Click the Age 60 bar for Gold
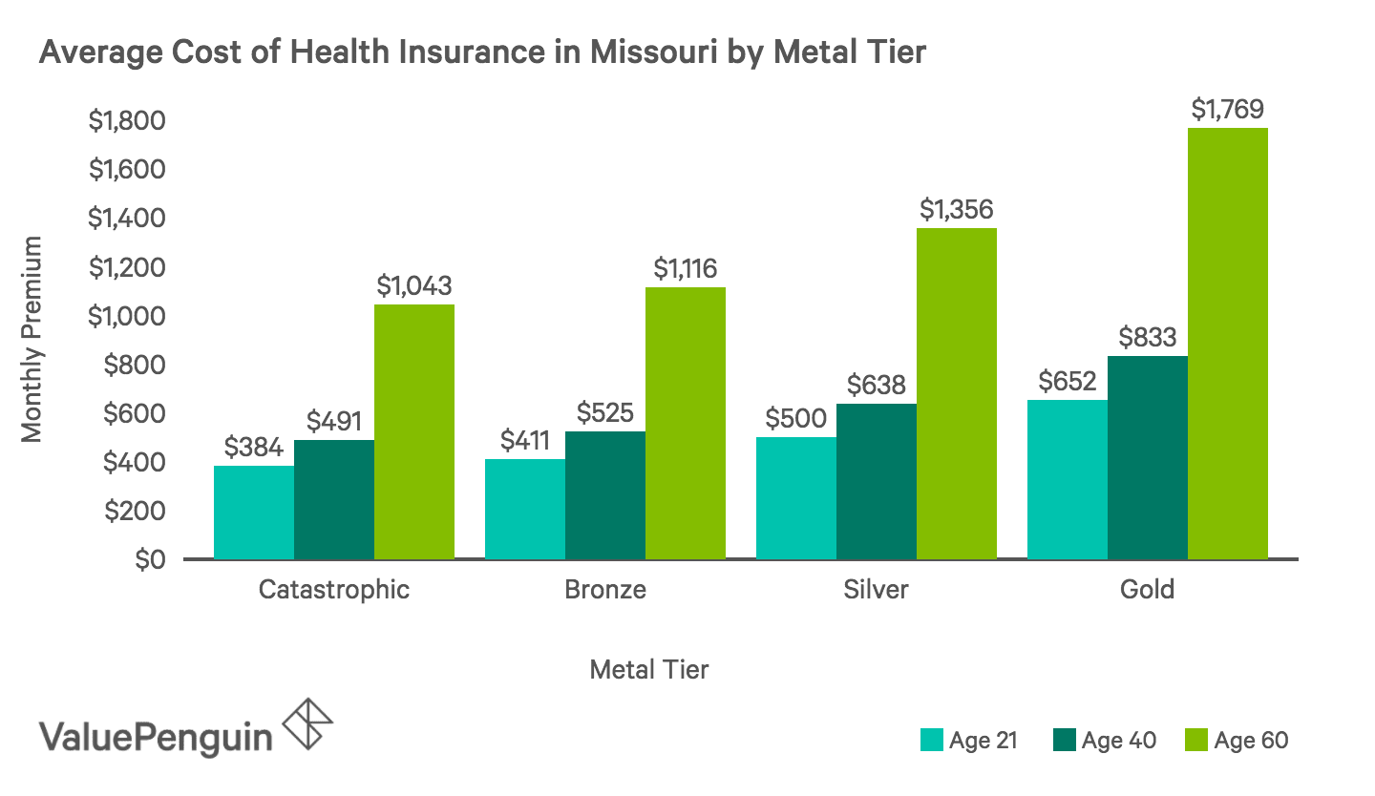coord(1227,344)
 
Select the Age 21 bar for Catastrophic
coord(254,512)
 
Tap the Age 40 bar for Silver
coord(876,481)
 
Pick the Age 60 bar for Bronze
coord(685,423)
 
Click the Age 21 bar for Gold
coord(1067,479)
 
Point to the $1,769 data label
coord(1228,110)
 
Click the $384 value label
coord(253,447)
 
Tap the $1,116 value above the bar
coord(686,269)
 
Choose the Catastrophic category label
coord(334,590)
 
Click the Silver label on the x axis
coord(876,590)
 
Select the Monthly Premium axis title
coord(32,340)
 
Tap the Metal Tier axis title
coord(649,670)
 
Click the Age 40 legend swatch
coord(1065,740)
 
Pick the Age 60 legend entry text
coord(1251,741)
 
